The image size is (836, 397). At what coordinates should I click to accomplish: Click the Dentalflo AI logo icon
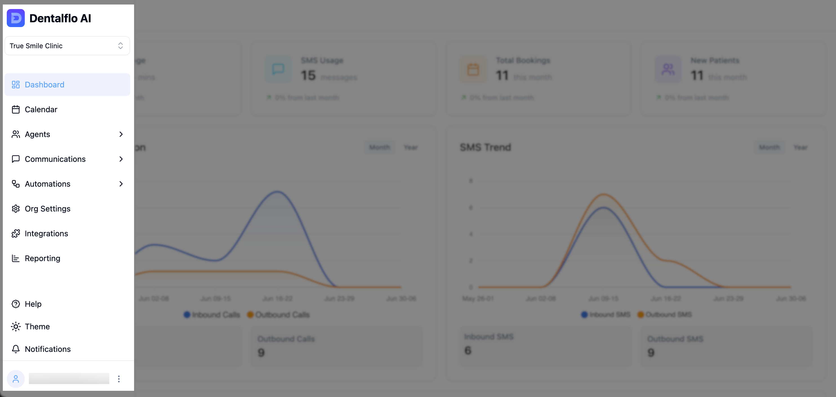[x=15, y=18]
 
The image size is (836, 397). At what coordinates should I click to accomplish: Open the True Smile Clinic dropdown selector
[x=67, y=46]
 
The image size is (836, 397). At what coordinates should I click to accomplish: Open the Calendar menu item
[x=41, y=109]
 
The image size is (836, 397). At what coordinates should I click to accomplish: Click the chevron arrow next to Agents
[x=121, y=134]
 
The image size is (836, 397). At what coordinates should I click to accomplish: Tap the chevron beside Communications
[x=121, y=159]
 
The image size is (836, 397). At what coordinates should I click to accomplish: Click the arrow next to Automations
[x=121, y=184]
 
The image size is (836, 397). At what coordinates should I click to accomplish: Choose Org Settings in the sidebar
[x=47, y=209]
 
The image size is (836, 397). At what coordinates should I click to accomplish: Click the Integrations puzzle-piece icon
[x=15, y=233]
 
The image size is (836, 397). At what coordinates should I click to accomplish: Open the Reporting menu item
[x=42, y=258]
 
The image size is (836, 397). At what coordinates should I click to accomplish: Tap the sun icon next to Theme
[x=15, y=327]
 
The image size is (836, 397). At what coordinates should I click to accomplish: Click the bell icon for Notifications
[x=15, y=349]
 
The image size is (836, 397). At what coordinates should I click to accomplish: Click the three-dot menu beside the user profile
[x=119, y=379]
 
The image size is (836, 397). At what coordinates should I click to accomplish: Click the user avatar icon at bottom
[x=15, y=379]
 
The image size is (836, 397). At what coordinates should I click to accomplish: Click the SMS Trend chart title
[x=485, y=147]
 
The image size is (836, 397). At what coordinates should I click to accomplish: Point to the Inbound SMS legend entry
[x=606, y=314]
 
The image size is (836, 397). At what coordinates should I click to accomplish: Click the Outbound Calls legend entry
[x=279, y=314]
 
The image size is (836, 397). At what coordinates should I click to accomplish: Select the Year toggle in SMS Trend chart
[x=800, y=147]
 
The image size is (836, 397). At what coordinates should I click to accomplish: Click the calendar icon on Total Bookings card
[x=473, y=69]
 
